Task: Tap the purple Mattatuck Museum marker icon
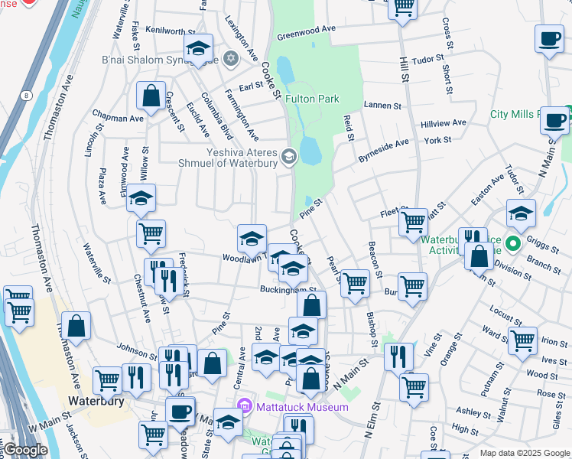[x=244, y=406]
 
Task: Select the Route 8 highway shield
[x=28, y=95]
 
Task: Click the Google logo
[x=24, y=450]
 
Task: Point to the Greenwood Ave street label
[x=306, y=32]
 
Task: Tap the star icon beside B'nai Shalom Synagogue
[x=229, y=59]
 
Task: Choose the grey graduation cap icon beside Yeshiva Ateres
[x=288, y=157]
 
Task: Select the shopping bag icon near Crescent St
[x=151, y=97]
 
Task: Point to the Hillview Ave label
[x=443, y=123]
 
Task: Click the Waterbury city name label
[x=96, y=400]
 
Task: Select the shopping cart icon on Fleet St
[x=413, y=222]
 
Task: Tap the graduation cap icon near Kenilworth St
[x=198, y=50]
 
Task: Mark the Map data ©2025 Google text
[x=524, y=453]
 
